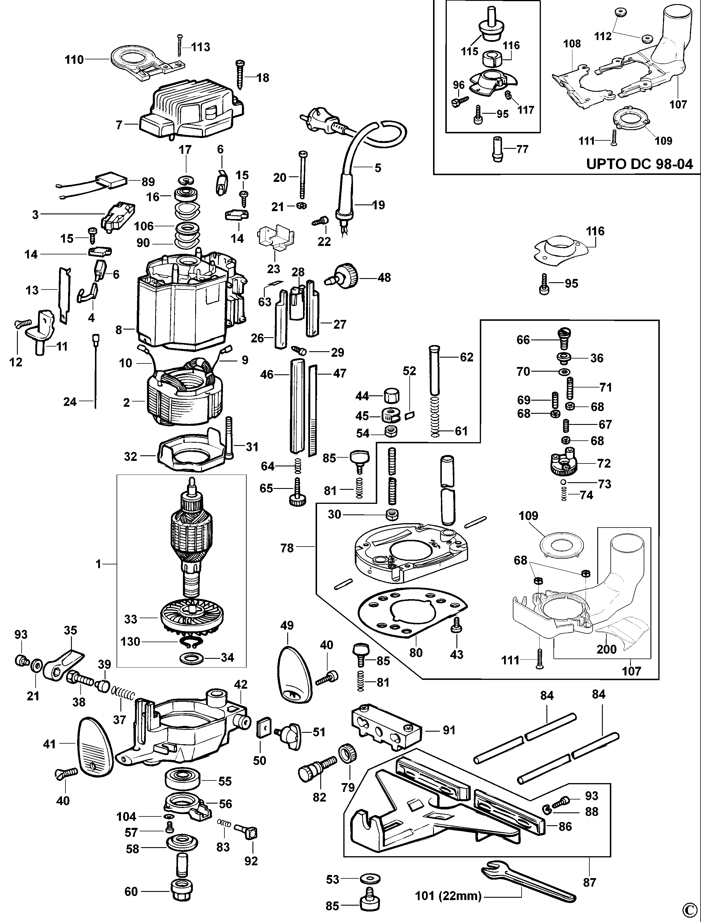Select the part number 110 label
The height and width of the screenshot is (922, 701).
[74, 60]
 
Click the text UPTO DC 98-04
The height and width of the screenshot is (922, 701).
[639, 163]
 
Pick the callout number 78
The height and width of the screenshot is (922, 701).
[287, 548]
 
